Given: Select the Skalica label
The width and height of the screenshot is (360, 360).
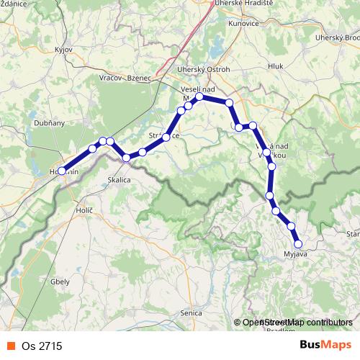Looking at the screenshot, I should click(x=119, y=180).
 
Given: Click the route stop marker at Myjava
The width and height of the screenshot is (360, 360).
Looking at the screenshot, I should click(x=298, y=243).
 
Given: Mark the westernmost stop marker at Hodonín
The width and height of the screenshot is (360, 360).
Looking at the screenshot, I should click(x=63, y=171).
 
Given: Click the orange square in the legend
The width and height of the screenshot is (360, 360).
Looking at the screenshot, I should click(x=11, y=346).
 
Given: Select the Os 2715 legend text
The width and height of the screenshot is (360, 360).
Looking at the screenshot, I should click(x=42, y=346).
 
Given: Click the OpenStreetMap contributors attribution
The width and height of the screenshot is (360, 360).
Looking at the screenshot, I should click(x=297, y=323).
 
